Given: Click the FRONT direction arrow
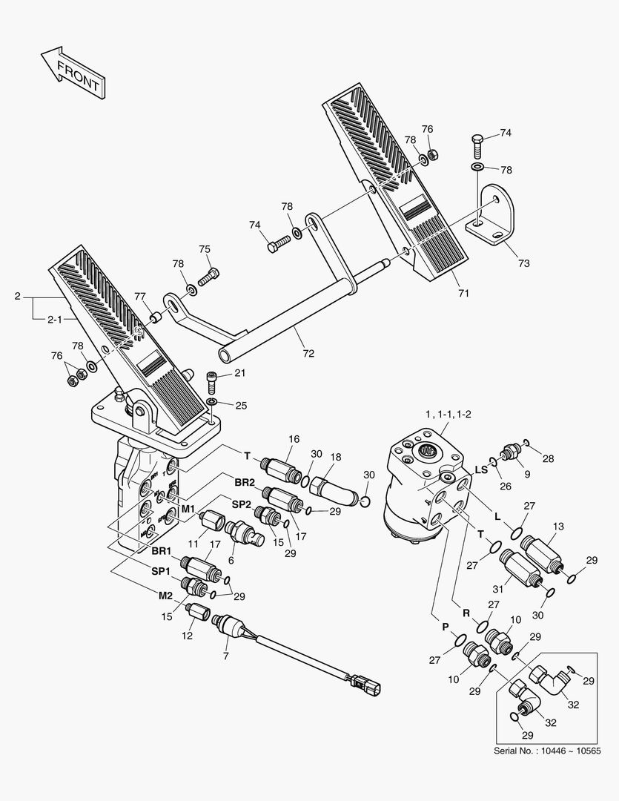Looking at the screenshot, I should click(x=73, y=72).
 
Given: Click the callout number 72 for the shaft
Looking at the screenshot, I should click(x=308, y=354).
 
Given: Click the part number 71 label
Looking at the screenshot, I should click(x=463, y=294).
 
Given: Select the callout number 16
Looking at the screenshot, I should click(x=294, y=440).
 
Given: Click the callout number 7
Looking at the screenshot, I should click(x=226, y=656).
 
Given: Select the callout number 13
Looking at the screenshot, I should click(x=557, y=527).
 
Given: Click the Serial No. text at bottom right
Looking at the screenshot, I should click(x=546, y=751).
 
